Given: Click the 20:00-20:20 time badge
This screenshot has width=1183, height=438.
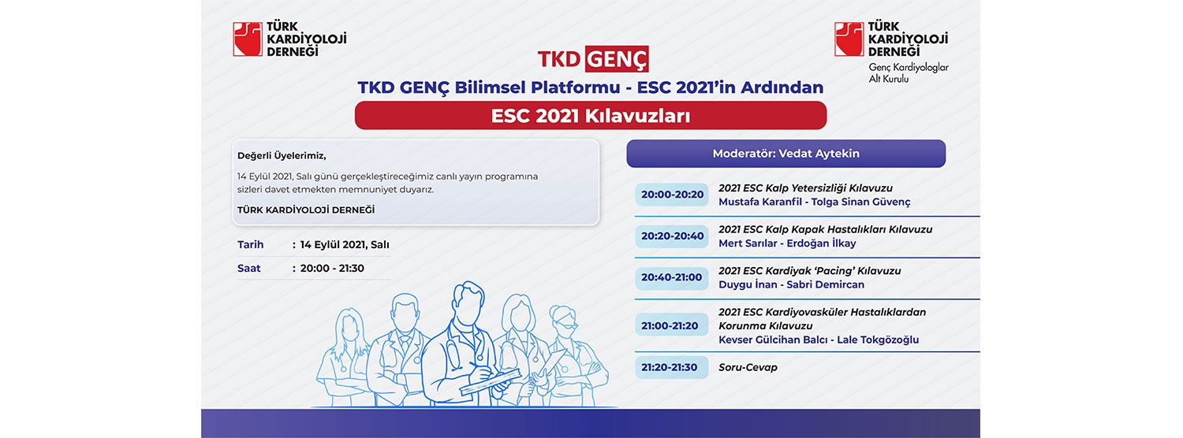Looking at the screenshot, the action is tap(672, 195).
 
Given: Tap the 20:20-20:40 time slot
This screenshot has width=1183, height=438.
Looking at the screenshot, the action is tap(672, 236).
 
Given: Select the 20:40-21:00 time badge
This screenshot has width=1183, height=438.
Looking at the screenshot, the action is tap(672, 277).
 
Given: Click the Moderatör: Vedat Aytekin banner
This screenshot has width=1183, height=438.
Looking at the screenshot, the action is tap(786, 154).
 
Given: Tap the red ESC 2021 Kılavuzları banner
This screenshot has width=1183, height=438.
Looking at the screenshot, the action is tap(591, 116).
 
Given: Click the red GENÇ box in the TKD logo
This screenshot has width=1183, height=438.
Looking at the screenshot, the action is tap(616, 58).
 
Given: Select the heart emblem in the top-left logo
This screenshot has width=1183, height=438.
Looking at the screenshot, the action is tap(248, 39).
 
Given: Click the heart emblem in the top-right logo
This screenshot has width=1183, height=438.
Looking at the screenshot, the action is tap(849, 39).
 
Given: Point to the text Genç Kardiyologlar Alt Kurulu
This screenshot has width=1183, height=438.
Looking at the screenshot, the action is tap(909, 72).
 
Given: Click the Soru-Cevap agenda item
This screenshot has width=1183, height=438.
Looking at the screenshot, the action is tap(748, 367).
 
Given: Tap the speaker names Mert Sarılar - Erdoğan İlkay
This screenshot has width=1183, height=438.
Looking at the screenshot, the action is tap(787, 243).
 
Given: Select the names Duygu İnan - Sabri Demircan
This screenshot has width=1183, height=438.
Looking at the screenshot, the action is tap(791, 284).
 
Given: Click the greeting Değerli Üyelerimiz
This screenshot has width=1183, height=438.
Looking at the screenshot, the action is tap(282, 156).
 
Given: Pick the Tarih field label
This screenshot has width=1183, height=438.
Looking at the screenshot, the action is tap(250, 244).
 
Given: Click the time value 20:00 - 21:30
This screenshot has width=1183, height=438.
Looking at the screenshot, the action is tap(332, 268).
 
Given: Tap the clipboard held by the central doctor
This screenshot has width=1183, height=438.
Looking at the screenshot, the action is tap(490, 382).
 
